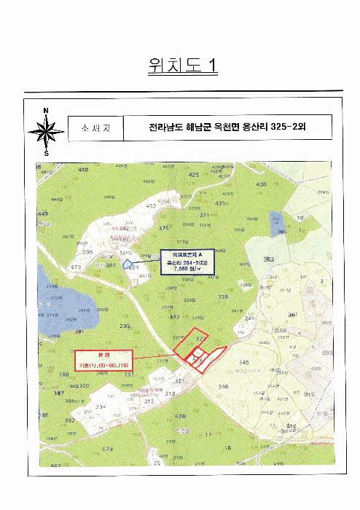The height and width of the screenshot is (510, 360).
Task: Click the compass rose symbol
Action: [x=46, y=132]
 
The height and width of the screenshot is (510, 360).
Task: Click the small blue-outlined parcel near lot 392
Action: [x=127, y=264]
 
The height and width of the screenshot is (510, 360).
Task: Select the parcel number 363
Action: [x=269, y=259]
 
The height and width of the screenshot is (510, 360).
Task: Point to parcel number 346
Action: [x=223, y=386]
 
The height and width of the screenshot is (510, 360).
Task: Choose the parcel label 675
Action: [x=107, y=449]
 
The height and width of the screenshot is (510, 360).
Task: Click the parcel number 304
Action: [x=101, y=407]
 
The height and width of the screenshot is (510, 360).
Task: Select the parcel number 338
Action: [x=222, y=297]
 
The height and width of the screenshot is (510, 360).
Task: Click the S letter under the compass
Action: [x=46, y=154]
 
